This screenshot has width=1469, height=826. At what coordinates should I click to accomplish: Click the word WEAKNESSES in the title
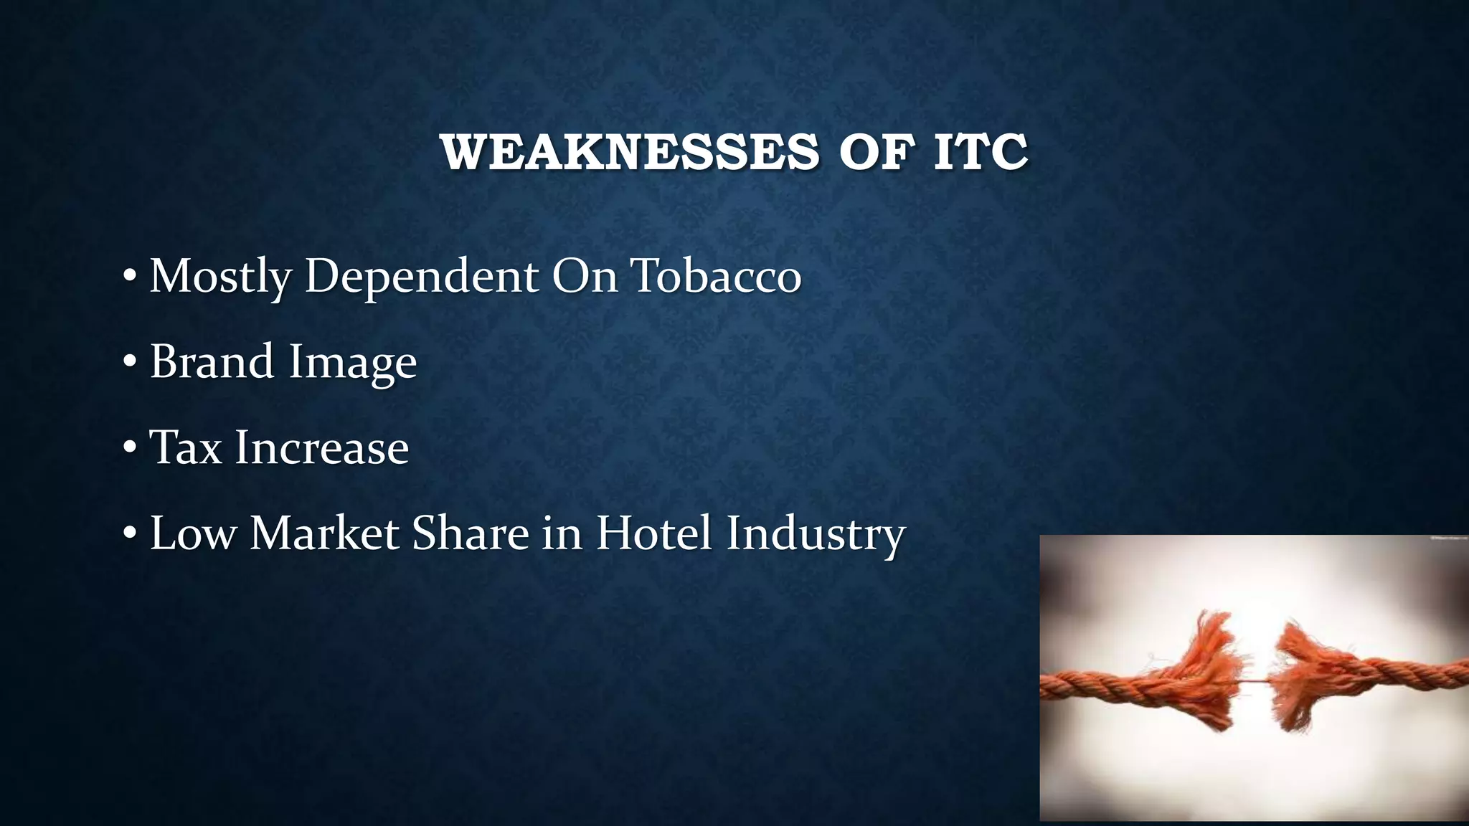point(629,152)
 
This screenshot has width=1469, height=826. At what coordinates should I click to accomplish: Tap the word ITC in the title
point(981,152)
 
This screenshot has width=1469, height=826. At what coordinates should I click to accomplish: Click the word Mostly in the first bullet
point(219,277)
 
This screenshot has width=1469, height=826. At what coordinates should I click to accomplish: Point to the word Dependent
point(422,277)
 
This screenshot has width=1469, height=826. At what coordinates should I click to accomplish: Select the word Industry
point(816,536)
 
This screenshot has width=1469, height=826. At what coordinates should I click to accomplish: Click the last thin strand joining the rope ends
point(1254,682)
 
